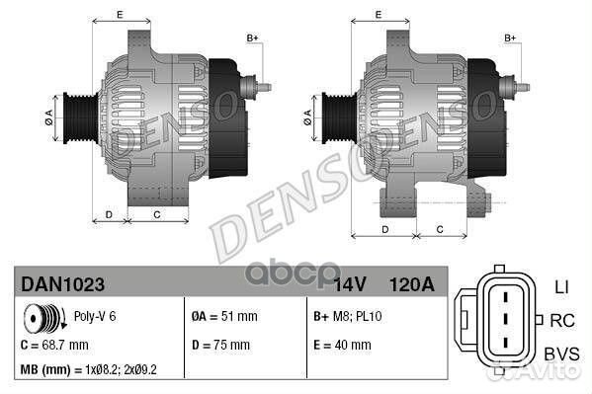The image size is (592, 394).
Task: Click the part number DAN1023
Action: (61, 283)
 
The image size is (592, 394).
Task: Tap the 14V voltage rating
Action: (351, 284)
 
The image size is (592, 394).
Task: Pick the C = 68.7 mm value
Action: (54, 346)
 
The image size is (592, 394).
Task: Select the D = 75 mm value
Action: (221, 346)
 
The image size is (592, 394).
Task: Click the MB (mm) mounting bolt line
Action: (90, 371)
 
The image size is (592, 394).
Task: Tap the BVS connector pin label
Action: (561, 353)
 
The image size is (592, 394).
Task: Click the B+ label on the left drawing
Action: (252, 38)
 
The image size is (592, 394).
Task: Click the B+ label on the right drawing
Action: (511, 38)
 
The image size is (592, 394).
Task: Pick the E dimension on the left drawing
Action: (119, 14)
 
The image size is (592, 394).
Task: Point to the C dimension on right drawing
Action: (438, 228)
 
